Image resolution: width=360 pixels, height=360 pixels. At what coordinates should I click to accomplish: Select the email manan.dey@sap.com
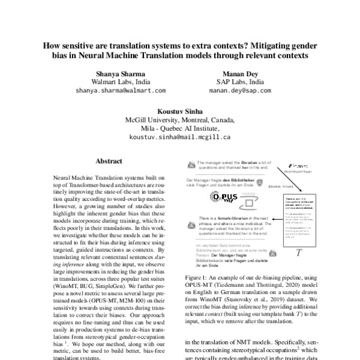(x=240, y=91)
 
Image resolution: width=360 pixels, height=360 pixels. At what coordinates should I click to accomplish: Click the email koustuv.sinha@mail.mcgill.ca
(x=179, y=137)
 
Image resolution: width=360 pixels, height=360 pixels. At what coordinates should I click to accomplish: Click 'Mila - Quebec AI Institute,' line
(x=179, y=128)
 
